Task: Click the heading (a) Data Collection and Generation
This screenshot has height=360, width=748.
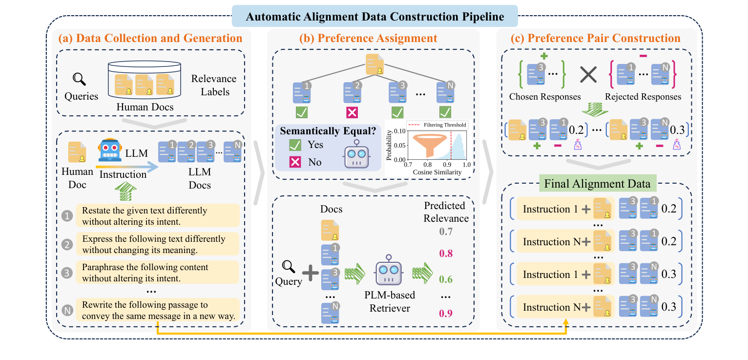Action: tap(150, 39)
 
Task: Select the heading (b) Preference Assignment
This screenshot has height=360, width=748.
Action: tap(374, 39)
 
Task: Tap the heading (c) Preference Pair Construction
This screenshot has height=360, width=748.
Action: tap(598, 39)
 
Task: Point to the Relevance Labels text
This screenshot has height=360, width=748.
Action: tap(213, 85)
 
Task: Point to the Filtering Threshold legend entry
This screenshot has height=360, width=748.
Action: tap(441, 125)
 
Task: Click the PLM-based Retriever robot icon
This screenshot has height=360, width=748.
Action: tap(388, 272)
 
